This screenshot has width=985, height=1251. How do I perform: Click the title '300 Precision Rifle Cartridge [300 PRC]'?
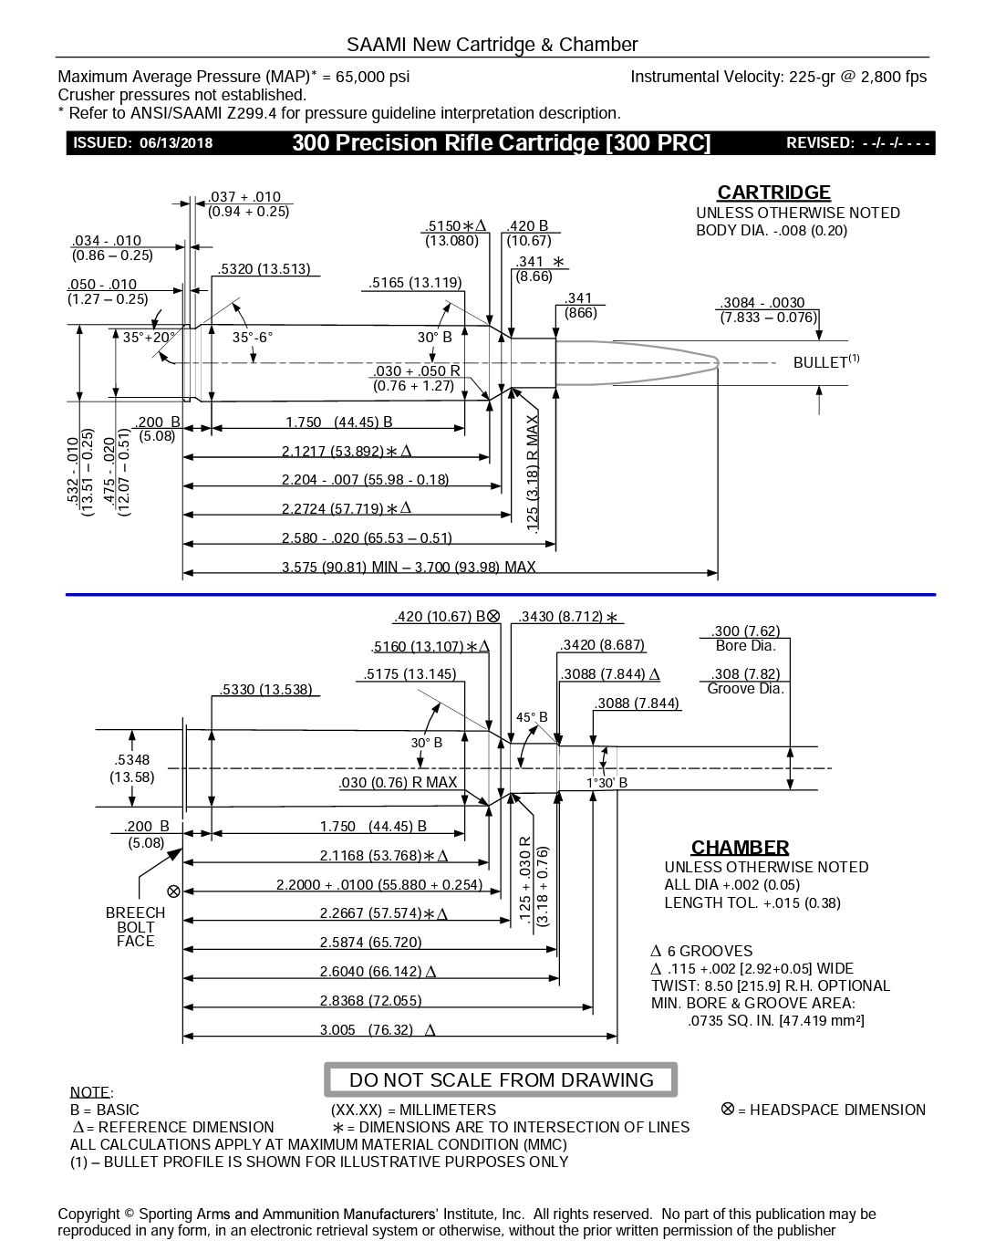[501, 143]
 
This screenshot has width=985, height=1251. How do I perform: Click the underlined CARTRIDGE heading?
[773, 193]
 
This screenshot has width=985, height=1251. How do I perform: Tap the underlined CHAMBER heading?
[740, 848]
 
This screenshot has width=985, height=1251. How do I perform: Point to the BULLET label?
[821, 362]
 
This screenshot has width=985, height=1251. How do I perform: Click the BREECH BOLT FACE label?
[135, 926]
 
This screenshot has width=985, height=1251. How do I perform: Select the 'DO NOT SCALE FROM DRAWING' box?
[501, 1080]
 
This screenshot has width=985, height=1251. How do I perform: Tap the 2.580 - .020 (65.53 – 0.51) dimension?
[367, 537]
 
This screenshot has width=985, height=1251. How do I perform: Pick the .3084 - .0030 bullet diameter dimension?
[762, 303]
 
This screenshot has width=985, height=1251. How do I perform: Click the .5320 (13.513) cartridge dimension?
[264, 269]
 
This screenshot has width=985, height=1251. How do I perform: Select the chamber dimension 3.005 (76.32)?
[366, 1029]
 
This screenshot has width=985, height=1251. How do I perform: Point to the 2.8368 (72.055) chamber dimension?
[370, 1001]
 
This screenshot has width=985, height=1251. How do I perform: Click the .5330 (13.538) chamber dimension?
[265, 690]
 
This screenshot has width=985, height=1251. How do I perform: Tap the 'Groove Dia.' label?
[745, 689]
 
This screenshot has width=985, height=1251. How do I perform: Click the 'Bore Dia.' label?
[745, 646]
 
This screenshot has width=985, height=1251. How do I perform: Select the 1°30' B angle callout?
[607, 783]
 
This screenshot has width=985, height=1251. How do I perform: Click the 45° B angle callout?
[532, 717]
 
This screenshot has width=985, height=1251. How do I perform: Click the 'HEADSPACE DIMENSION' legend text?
[836, 1110]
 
